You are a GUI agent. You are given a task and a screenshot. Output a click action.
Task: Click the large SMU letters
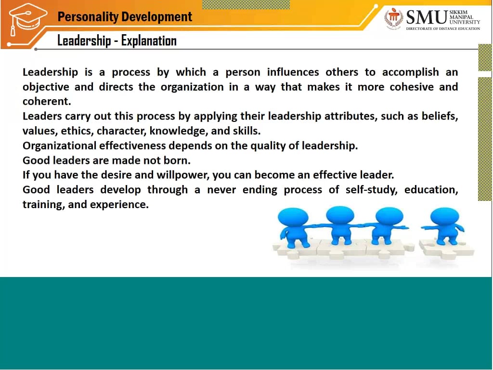(427, 18)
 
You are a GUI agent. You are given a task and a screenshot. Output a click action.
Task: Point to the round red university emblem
(394, 18)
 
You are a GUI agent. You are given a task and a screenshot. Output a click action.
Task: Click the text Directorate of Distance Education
(443, 29)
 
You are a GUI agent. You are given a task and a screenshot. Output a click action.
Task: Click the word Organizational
(59, 145)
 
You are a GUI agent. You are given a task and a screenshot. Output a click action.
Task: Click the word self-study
(371, 189)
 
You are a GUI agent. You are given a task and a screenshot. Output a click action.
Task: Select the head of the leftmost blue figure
(293, 216)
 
